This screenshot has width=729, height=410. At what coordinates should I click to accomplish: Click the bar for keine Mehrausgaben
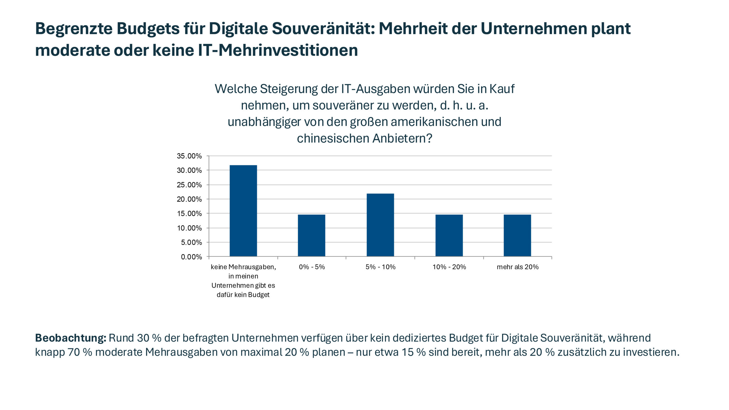243,211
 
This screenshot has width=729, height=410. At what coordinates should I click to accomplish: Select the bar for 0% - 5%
312,235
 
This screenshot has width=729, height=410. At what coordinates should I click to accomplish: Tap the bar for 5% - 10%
380,225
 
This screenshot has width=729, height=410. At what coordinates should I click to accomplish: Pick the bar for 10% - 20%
449,235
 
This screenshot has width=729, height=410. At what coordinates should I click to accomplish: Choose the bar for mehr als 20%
517,235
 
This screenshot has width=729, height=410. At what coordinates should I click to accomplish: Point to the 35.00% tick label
189,156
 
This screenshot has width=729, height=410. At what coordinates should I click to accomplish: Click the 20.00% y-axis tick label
189,199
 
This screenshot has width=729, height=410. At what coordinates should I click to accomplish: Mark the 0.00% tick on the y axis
191,257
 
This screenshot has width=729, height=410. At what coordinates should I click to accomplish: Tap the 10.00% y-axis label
189,228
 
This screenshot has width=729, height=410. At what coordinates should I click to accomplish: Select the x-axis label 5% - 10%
380,267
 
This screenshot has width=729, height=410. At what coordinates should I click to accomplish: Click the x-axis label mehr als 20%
517,267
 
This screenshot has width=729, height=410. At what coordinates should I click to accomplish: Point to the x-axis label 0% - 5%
312,267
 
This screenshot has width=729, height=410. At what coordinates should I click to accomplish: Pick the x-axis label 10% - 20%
449,267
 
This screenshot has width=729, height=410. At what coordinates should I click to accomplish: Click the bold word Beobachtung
70,338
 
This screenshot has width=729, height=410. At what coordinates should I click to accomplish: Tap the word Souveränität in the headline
323,28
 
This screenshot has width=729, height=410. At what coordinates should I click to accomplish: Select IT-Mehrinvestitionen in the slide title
278,50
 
